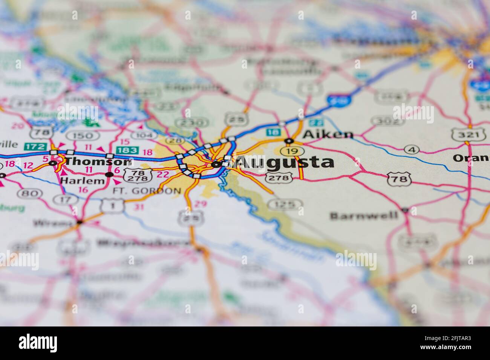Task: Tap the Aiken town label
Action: point(328,134)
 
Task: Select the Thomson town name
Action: point(98,162)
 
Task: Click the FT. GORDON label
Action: point(147,191)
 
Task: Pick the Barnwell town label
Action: point(364,215)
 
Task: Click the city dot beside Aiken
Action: point(289,141)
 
